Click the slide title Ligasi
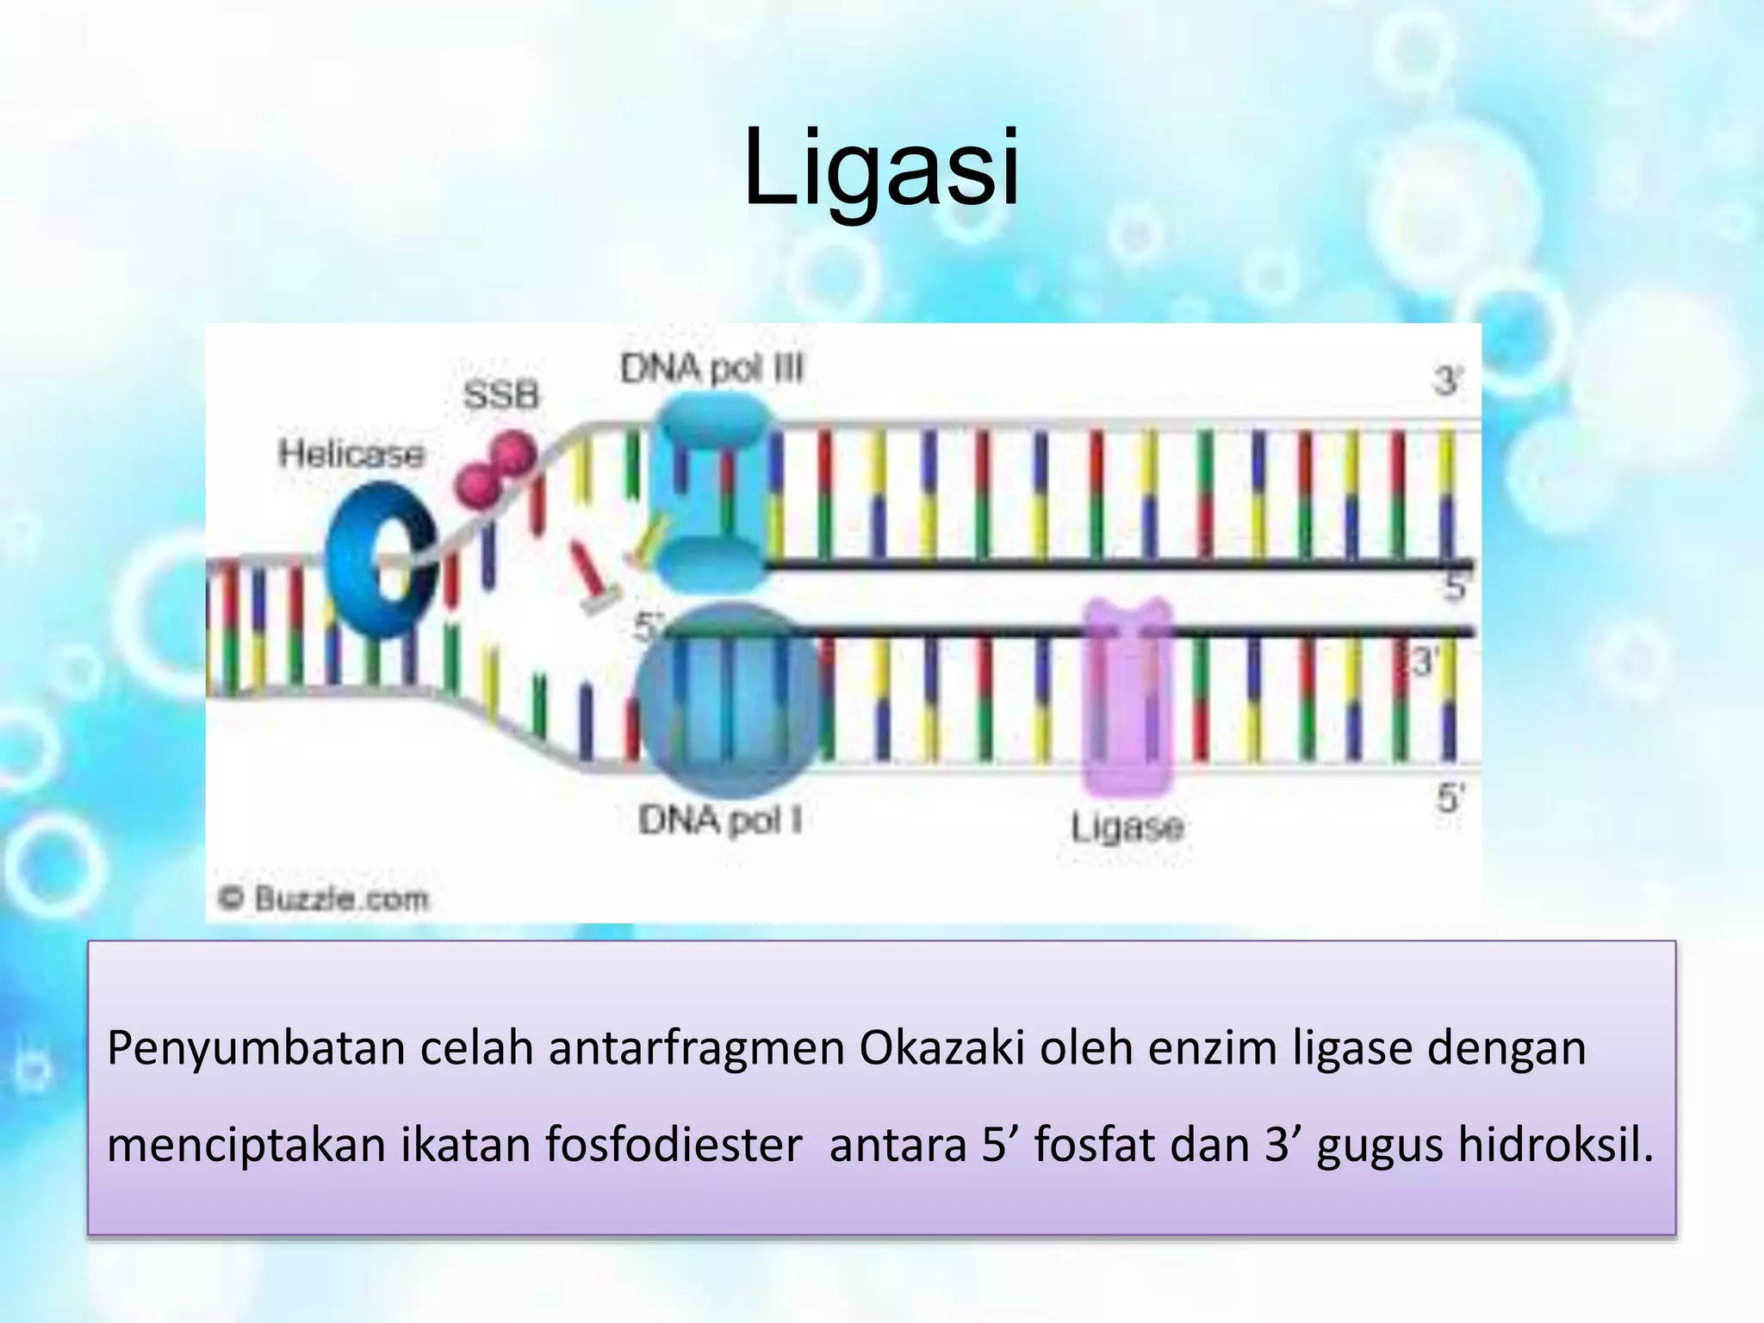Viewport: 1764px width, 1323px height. point(880,169)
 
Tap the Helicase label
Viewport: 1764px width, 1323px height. point(351,454)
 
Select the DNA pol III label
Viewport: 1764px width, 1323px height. point(711,370)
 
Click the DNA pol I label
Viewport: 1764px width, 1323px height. point(720,820)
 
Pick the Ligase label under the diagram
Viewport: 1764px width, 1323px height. point(1127,828)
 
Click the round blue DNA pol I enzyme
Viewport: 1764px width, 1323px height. point(729,699)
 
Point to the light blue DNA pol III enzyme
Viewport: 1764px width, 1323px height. point(711,491)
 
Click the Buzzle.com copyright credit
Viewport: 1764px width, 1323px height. point(324,899)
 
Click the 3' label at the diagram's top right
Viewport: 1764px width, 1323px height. point(1448,380)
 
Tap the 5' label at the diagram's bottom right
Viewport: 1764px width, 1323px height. point(1450,798)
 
